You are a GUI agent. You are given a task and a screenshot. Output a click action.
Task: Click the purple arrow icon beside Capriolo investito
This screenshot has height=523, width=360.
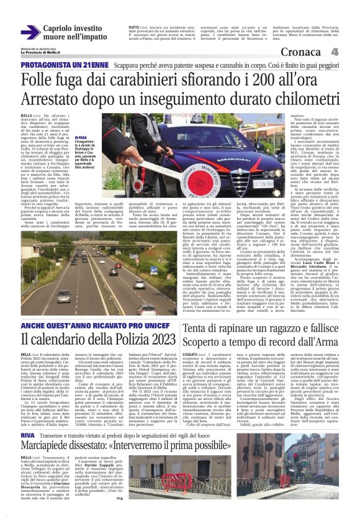click(30, 31)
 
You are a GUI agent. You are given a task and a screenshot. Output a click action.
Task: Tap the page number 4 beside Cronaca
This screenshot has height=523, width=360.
click(351, 52)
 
